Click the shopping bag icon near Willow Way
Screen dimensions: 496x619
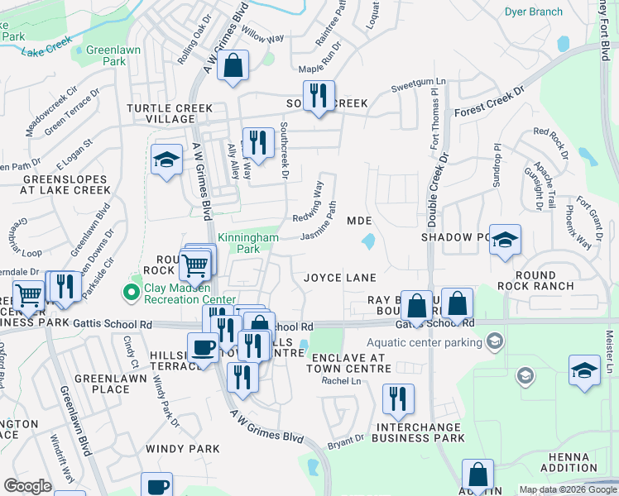pyautogui.click(x=233, y=65)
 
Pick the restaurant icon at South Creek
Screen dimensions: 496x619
pyautogui.click(x=318, y=95)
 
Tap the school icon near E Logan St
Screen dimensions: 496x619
pyautogui.click(x=167, y=160)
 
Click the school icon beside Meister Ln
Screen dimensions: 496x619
pyautogui.click(x=584, y=370)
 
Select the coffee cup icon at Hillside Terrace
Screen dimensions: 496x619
pyautogui.click(x=203, y=347)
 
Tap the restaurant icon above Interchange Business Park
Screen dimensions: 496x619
pyautogui.click(x=398, y=399)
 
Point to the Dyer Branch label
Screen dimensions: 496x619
pyautogui.click(x=534, y=12)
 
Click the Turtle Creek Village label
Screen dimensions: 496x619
pyautogui.click(x=160, y=114)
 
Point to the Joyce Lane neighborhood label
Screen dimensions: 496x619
pyautogui.click(x=339, y=278)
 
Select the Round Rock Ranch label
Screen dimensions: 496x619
pyautogui.click(x=544, y=280)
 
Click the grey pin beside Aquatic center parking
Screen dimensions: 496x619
pyautogui.click(x=494, y=341)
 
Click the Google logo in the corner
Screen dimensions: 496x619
pyautogui.click(x=27, y=486)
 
